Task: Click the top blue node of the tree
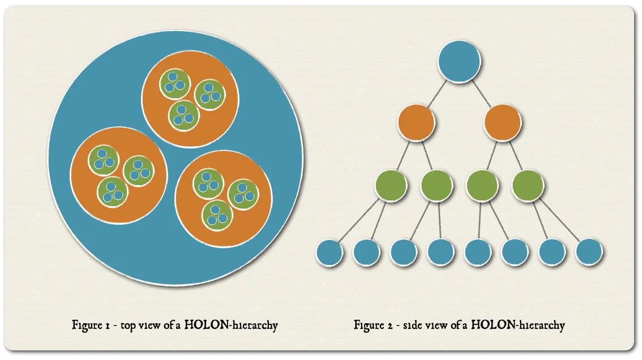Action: tap(459, 62)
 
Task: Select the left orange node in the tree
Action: tap(416, 122)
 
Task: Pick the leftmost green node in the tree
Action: tap(391, 184)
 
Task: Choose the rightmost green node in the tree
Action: tap(528, 184)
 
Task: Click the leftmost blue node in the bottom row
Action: tap(329, 252)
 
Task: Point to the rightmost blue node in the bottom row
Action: tap(589, 252)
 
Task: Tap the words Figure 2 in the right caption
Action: tap(373, 325)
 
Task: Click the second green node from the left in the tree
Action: tap(436, 184)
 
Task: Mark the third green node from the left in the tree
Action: tap(482, 184)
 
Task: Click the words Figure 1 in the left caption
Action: tap(90, 325)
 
